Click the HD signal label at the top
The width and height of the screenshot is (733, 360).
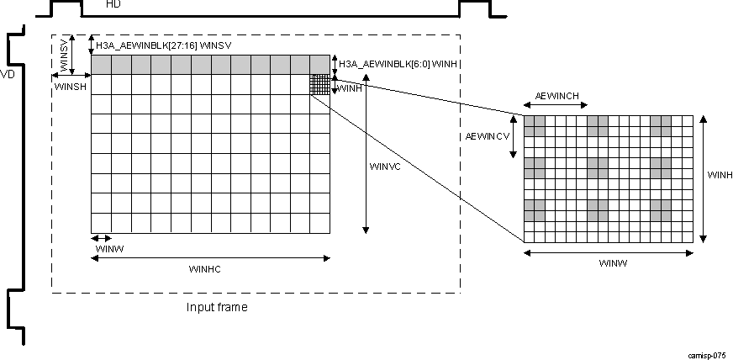[x=113, y=5]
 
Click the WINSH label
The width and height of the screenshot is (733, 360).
[x=69, y=87]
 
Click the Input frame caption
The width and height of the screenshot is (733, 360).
[x=217, y=307]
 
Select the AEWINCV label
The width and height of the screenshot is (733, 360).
[x=488, y=135]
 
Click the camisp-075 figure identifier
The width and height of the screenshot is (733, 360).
[x=706, y=355]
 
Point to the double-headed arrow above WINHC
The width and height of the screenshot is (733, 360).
[x=210, y=258]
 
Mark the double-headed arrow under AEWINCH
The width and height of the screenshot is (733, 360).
[x=555, y=106]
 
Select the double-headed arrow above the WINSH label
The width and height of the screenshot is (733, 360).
[x=71, y=75]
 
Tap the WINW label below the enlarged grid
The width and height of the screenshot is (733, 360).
[x=613, y=263]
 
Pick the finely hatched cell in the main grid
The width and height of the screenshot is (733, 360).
[x=320, y=85]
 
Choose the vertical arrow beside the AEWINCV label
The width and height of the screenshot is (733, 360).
[x=517, y=139]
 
